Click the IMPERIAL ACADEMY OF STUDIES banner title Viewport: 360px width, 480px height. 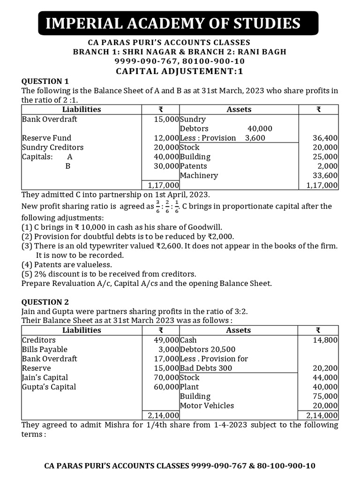[172, 23]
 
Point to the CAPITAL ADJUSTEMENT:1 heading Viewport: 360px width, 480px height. [180, 71]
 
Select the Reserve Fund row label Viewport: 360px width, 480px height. [47, 138]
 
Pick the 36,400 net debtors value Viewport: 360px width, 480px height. [325, 138]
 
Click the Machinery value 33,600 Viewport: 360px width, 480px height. [325, 175]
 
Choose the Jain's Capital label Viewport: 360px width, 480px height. [45, 377]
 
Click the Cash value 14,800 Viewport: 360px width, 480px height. [325, 340]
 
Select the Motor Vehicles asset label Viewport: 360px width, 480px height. [207, 405]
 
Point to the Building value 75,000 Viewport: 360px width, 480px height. [325, 396]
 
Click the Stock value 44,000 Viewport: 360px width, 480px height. [325, 377]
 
